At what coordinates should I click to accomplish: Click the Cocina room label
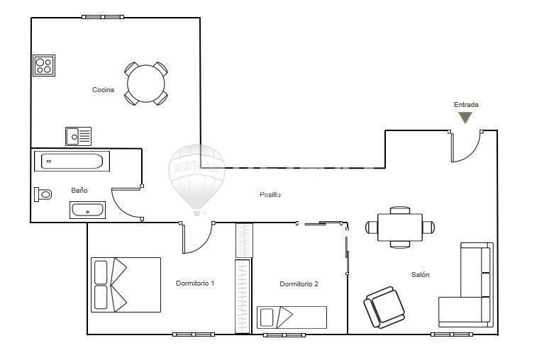[x=104, y=90]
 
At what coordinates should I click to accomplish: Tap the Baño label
[x=79, y=191]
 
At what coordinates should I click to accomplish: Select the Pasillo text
[x=270, y=194]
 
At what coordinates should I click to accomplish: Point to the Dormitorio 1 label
[x=195, y=283]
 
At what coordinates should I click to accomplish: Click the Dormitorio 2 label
[x=299, y=284]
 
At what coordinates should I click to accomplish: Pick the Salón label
[x=421, y=275]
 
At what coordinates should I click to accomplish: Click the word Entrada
[x=466, y=105]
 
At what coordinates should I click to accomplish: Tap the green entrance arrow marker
[x=465, y=117]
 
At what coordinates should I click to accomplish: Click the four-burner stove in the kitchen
[x=44, y=65]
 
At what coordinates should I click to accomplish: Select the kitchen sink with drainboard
[x=79, y=137]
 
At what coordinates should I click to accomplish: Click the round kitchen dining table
[x=146, y=84]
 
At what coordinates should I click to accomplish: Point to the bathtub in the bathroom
[x=72, y=162]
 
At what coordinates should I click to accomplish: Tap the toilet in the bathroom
[x=43, y=194]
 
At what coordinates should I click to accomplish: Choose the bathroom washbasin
[x=87, y=210]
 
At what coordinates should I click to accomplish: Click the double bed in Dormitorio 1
[x=126, y=285]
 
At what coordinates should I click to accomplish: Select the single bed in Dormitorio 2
[x=292, y=317]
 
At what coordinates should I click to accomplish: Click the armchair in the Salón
[x=384, y=307]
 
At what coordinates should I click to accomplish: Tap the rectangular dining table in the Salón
[x=400, y=227]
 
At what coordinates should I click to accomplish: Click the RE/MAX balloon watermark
[x=196, y=179]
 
